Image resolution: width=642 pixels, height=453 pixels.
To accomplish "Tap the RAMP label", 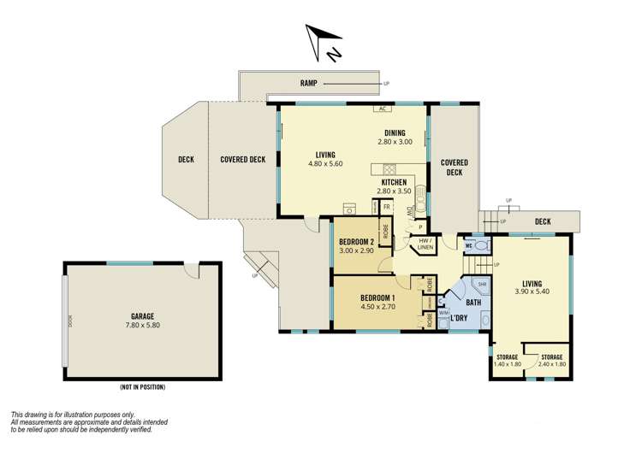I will click(308, 83).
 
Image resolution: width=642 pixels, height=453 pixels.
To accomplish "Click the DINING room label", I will click(395, 132).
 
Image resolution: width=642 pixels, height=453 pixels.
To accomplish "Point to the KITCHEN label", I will click(395, 183).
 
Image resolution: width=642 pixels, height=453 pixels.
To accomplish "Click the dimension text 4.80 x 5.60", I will click(325, 163).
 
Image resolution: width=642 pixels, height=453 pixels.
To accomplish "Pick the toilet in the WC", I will click(481, 246).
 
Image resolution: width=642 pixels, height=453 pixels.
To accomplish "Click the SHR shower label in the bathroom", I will click(482, 285).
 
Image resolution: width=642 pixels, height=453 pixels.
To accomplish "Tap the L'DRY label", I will click(458, 318).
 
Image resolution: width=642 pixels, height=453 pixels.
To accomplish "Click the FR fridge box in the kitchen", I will click(387, 207).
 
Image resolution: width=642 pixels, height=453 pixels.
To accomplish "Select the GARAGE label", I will click(142, 315).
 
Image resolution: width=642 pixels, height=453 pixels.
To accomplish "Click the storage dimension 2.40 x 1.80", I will click(551, 365).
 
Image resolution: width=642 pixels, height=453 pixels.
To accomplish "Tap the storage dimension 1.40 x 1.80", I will click(506, 365).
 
